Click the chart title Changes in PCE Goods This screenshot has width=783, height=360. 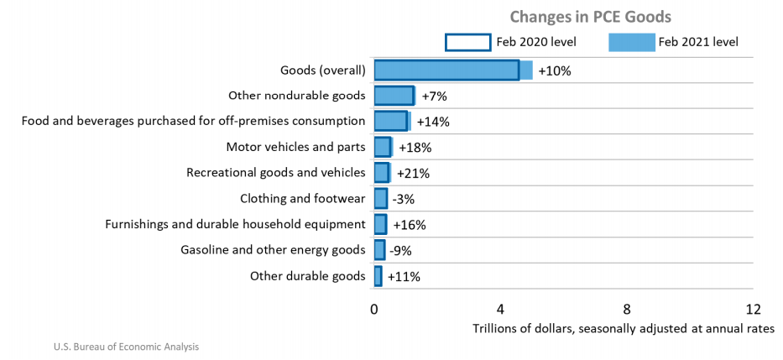591,17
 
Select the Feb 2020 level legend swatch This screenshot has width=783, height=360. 467,42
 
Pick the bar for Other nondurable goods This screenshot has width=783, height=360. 394,96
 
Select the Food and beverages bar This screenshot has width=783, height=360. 391,121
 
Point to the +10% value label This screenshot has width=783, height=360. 555,71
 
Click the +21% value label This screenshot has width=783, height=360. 413,174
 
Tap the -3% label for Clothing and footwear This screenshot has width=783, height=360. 403,199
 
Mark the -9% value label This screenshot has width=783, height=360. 400,250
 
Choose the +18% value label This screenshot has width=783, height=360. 415,148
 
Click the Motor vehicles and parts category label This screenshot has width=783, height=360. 295,147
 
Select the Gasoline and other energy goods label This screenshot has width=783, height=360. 273,249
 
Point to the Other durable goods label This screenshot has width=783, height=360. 307,275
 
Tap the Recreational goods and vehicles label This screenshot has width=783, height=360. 275,173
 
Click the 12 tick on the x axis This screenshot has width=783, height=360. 753,308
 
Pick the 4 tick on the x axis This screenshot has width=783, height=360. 500,308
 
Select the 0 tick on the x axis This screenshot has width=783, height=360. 374,308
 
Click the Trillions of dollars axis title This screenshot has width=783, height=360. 623,327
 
